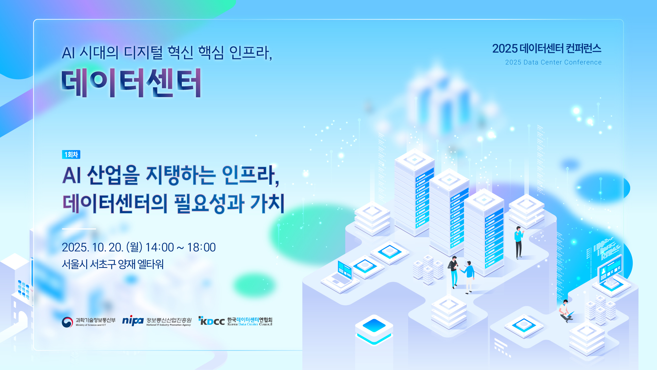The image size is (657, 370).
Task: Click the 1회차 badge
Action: click(71, 155)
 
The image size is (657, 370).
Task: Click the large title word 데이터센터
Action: click(131, 83)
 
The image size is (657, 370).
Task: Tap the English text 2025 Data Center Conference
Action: click(553, 62)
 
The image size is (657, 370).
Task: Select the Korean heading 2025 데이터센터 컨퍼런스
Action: click(547, 49)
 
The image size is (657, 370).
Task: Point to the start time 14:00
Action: click(160, 247)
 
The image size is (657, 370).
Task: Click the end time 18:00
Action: click(201, 247)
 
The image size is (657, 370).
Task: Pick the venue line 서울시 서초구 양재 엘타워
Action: click(112, 264)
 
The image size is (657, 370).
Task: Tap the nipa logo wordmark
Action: click(133, 321)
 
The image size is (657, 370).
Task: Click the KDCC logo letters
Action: click(212, 321)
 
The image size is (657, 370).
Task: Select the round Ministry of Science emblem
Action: click(67, 322)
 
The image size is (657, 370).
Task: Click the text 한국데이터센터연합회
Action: click(250, 320)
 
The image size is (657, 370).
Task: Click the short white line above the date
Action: click(79, 229)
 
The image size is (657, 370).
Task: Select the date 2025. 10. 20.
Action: click(92, 247)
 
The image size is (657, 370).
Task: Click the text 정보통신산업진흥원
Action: click(169, 320)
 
